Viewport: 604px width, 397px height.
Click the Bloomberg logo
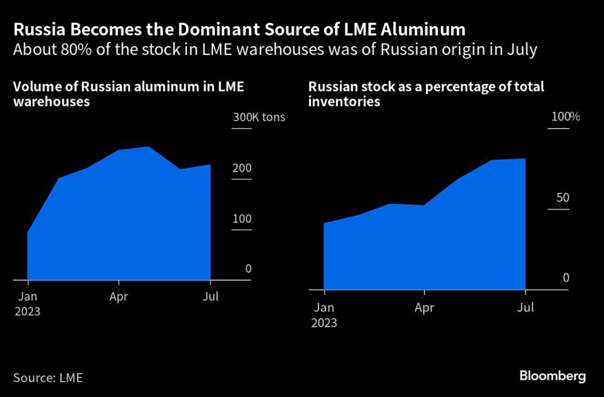pos(552,376)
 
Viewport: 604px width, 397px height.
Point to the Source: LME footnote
pos(48,378)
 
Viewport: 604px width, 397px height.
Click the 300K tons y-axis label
pos(259,117)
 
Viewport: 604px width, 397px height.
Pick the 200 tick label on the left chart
pos(242,168)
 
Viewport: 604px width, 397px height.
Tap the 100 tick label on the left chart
pos(242,219)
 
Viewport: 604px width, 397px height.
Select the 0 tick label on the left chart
pos(248,269)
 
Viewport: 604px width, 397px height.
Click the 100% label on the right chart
pos(565,117)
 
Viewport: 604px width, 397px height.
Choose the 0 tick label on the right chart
pos(566,278)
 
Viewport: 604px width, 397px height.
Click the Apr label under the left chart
pos(119,297)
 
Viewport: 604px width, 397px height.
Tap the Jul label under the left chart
pos(210,297)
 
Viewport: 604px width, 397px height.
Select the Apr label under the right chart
pos(424,307)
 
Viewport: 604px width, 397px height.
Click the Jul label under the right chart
pos(525,307)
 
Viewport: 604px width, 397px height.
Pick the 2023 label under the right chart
pos(324,323)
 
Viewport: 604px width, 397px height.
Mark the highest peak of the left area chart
pos(148,147)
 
